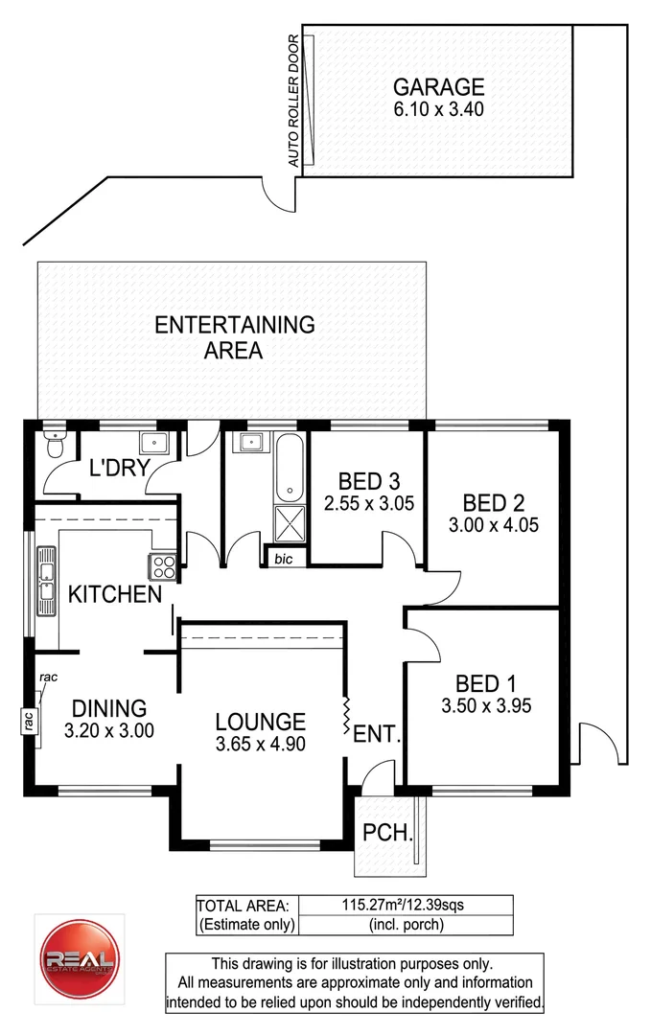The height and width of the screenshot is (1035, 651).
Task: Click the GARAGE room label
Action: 437,86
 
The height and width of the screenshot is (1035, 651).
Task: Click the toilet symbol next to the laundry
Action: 54,446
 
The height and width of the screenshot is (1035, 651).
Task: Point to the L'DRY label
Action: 116,469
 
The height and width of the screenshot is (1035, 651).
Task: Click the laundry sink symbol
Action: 154,442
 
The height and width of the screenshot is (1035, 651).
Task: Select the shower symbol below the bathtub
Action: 288,524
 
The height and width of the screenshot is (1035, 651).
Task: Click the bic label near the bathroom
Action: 283,558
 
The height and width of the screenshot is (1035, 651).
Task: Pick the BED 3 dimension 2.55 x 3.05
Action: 369,502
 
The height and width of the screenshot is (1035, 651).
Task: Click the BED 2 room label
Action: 492,503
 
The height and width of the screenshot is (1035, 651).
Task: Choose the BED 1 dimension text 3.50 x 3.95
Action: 486,706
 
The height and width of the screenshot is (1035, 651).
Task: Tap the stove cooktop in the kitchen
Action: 162,567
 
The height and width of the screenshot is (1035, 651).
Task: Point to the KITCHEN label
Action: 115,594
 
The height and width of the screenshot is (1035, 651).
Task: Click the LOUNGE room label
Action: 260,722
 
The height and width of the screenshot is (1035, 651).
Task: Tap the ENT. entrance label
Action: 377,735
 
